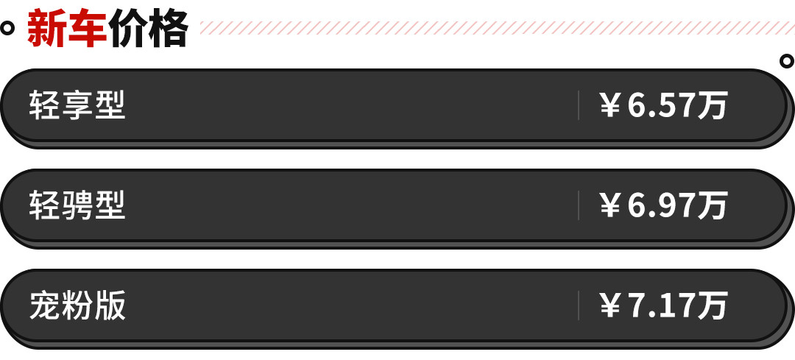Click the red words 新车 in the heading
point(67,29)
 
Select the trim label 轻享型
point(77,106)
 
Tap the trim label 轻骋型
point(77,205)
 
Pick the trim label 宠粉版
point(77,306)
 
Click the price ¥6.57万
point(663,106)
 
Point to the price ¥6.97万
point(663,205)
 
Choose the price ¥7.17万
point(663,306)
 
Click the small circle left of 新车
point(8,29)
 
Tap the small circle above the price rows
point(787,62)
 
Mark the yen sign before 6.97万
point(610,206)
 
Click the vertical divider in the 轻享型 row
point(579,105)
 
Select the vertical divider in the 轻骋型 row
point(579,205)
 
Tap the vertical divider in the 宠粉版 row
point(579,306)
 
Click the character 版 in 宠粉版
point(110,306)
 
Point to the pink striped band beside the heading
point(493,28)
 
